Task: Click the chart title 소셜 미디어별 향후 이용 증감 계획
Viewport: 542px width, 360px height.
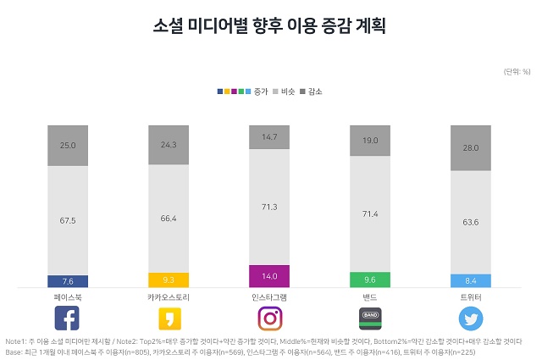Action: [x=270, y=25]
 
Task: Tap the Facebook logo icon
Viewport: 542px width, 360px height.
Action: [x=67, y=318]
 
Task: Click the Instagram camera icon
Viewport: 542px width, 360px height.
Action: [x=269, y=318]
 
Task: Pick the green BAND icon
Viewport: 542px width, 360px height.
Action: [x=370, y=318]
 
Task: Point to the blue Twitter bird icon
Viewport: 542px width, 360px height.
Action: [x=471, y=318]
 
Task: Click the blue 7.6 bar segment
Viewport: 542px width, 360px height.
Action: [x=68, y=281]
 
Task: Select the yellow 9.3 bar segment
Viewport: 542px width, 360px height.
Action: [x=169, y=280]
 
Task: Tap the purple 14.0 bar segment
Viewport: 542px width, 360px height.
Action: [x=269, y=275]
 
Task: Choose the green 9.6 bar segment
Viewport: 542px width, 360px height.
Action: [x=370, y=280]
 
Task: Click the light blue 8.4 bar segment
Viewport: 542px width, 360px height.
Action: [x=471, y=280]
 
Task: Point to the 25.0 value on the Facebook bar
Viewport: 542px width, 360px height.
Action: [x=68, y=146]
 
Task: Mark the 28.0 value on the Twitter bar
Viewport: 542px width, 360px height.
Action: [x=471, y=148]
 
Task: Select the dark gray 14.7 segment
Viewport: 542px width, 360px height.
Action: [x=269, y=136]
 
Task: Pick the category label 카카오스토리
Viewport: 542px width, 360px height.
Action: [x=168, y=297]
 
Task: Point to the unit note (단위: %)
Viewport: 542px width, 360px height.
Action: [x=516, y=70]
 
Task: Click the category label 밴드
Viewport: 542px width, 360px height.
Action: [x=370, y=297]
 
